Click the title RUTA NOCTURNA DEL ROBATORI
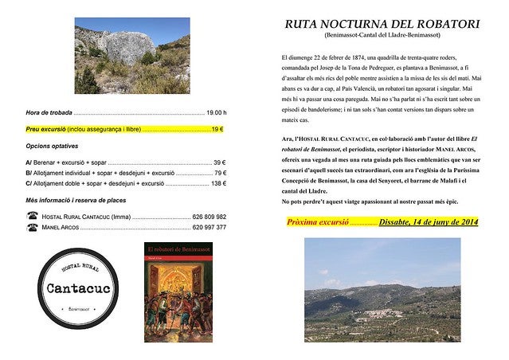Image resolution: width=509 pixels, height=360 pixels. point(382,24)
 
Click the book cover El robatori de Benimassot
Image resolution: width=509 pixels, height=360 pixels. point(178,292)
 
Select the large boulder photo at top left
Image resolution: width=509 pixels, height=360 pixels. point(131,56)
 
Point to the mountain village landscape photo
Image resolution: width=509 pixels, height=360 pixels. point(382,289)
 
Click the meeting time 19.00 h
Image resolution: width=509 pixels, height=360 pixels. point(216,112)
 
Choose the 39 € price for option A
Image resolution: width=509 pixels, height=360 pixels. point(219,162)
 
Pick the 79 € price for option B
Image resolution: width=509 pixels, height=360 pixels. point(219,173)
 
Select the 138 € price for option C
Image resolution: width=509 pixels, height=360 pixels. point(217,183)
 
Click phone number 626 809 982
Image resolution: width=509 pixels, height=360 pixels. point(209,217)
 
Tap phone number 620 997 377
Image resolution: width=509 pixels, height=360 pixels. point(209,227)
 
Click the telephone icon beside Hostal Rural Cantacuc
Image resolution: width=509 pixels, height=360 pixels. point(32,216)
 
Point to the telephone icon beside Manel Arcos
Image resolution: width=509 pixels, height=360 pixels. point(32,227)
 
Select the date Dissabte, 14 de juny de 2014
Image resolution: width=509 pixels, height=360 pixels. point(428,222)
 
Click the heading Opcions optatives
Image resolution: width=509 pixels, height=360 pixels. point(53,147)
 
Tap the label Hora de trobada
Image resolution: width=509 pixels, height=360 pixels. point(49,112)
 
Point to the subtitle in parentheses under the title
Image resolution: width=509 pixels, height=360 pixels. point(382,36)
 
